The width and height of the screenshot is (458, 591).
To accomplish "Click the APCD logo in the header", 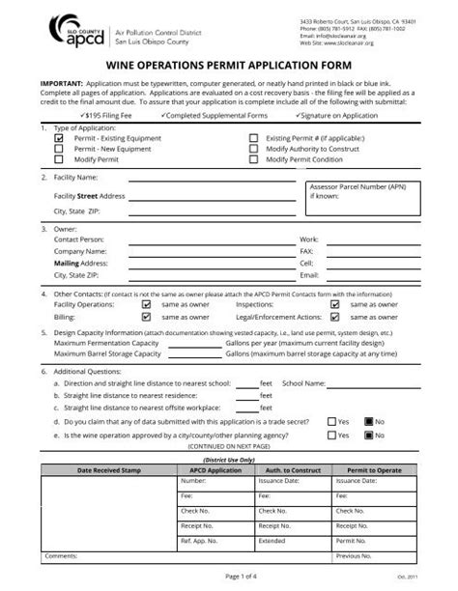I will point(74,30).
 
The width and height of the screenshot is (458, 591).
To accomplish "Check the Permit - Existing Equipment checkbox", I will point(59,138).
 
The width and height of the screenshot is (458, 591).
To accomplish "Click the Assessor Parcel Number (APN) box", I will point(362,197).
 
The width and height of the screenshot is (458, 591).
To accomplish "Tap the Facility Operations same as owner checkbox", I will point(146,303).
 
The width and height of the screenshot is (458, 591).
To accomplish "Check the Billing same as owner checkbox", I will point(146,315).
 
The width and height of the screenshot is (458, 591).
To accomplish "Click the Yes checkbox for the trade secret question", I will point(330,421).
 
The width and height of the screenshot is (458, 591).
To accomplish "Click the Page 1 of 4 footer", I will point(229,577).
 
